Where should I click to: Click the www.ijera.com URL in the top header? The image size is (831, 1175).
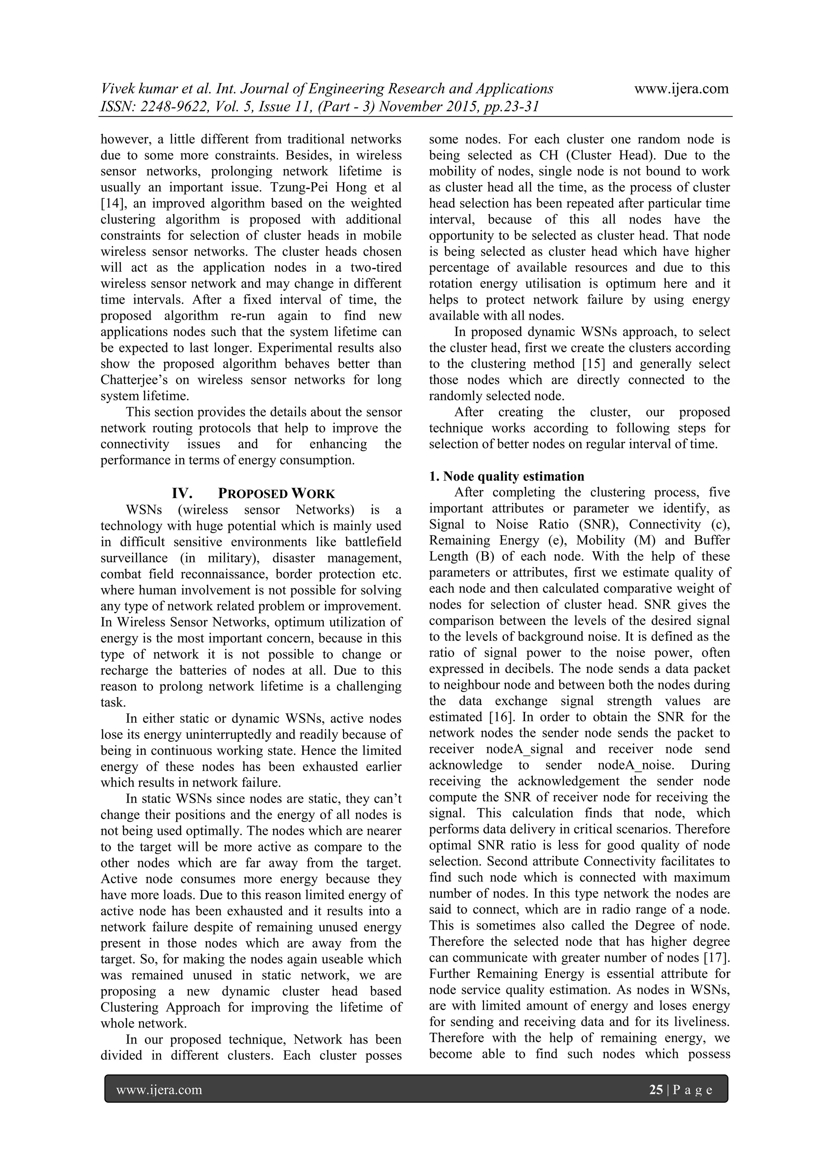point(681,89)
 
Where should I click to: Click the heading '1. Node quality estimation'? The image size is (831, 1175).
point(506,477)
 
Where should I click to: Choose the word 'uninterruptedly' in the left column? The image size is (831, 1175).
point(228,735)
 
